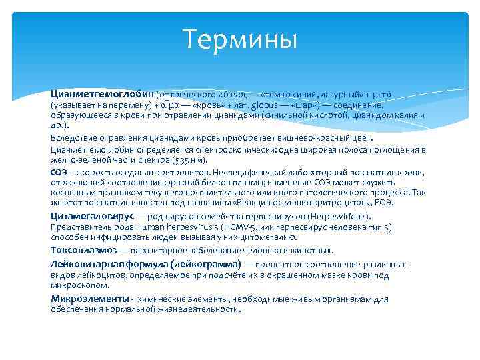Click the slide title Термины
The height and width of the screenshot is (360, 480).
(239, 39)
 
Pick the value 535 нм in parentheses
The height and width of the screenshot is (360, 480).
(189, 160)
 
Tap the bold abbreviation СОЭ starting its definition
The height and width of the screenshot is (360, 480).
(59, 171)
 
